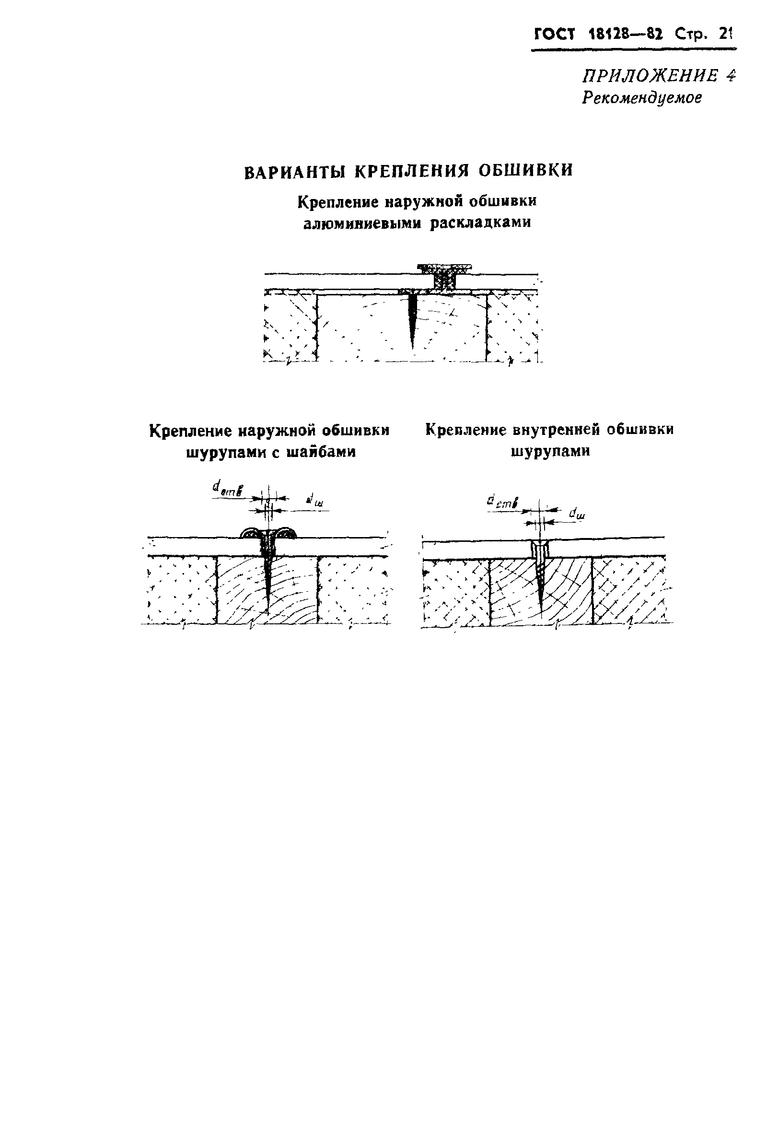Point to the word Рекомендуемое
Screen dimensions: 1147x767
click(x=642, y=98)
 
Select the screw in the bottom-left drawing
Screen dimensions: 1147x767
click(x=268, y=577)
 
